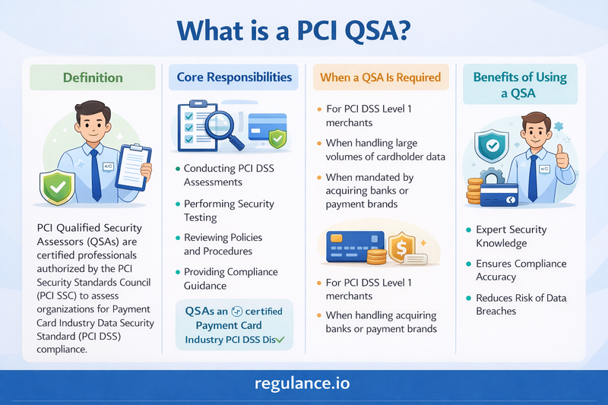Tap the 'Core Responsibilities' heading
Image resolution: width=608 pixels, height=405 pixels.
(233, 78)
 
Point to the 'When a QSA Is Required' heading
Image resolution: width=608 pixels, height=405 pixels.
(381, 78)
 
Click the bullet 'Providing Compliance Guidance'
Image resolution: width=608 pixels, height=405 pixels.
(230, 278)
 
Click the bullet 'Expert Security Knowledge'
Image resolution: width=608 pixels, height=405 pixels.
(511, 236)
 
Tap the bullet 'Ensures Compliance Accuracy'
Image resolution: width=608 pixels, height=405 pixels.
(521, 271)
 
